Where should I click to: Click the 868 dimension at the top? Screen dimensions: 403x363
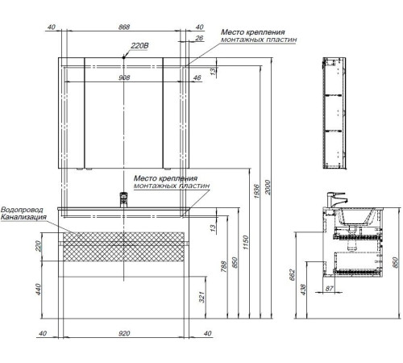[124, 27]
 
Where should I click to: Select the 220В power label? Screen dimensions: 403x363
[139, 46]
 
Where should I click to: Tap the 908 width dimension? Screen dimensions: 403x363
[124, 77]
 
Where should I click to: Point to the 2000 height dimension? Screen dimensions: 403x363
[268, 187]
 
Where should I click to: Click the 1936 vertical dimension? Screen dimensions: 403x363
[256, 191]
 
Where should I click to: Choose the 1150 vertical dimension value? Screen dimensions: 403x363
[246, 242]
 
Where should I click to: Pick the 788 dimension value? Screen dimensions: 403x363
[223, 266]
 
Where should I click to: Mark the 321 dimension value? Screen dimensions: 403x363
[201, 297]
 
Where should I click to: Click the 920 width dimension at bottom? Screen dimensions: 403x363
[124, 333]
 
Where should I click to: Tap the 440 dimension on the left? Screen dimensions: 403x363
[39, 290]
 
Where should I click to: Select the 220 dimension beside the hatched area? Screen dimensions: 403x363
[39, 246]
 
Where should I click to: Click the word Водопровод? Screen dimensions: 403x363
[22, 210]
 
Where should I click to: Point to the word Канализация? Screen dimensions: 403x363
[23, 217]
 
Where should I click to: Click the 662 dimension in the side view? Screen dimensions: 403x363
[292, 275]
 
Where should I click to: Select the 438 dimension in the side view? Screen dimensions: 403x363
[303, 290]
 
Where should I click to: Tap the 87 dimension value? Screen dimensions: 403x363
[330, 289]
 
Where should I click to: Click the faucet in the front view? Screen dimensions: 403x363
[123, 200]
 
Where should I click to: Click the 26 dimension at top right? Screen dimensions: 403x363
[199, 38]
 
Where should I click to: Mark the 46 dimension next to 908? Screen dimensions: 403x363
[197, 77]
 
